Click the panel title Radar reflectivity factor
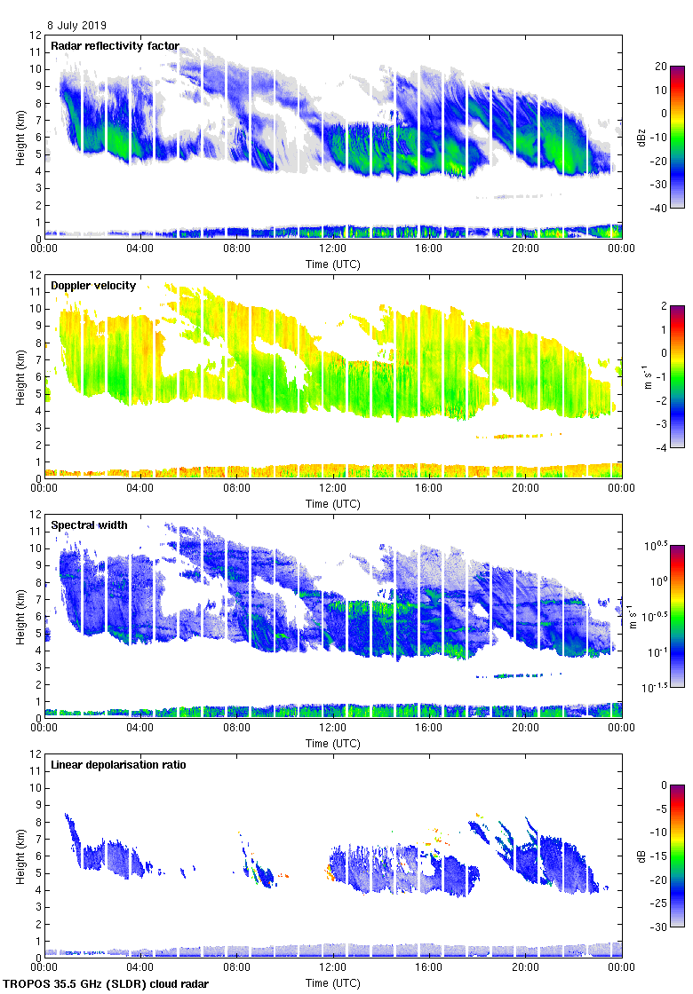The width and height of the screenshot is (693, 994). (115, 46)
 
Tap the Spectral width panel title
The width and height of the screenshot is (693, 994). (89, 525)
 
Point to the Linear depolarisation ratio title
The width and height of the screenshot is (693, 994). (118, 764)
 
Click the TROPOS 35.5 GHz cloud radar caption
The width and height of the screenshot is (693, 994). (108, 983)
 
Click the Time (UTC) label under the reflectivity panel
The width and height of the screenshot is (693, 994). (333, 264)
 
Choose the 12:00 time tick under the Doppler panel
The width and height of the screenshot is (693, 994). (333, 487)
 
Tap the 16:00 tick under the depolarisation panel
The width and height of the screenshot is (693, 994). (429, 966)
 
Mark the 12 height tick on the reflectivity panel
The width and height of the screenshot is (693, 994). (36, 35)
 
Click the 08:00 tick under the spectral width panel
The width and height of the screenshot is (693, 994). (237, 727)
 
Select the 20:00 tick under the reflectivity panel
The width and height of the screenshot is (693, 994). (525, 248)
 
